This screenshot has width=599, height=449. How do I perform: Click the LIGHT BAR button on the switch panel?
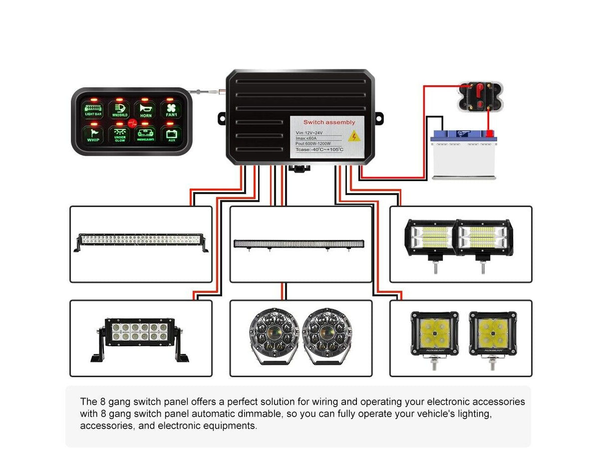(93, 109)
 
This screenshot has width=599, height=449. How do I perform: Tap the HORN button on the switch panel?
(146, 109)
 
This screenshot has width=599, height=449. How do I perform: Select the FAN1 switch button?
(171, 109)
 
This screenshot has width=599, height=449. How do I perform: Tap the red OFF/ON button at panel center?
(133, 122)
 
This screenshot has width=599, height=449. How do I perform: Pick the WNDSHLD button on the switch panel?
(119, 109)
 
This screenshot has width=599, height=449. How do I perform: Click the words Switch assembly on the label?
(329, 122)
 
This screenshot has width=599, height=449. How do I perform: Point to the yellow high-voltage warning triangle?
(354, 137)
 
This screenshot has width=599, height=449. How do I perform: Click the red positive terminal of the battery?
(490, 134)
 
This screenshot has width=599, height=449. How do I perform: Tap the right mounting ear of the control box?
(379, 119)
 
